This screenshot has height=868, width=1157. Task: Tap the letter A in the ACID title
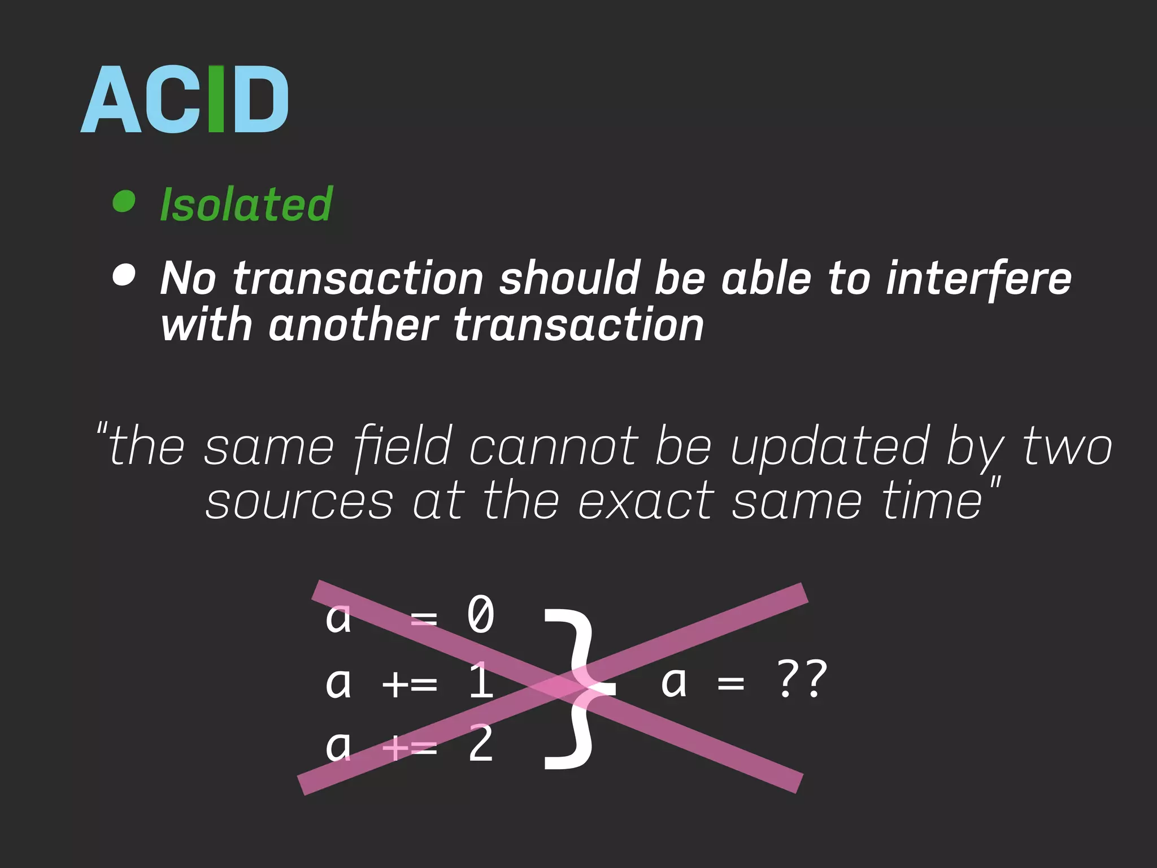click(111, 99)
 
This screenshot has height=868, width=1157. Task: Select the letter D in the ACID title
click(260, 99)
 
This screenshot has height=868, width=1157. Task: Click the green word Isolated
click(246, 204)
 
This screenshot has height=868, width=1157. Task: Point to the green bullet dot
click(124, 201)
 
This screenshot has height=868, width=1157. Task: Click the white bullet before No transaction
click(124, 275)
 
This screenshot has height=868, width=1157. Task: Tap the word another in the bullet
click(353, 325)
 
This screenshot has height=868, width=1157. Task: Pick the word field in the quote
click(403, 447)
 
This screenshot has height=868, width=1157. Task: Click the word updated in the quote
click(830, 447)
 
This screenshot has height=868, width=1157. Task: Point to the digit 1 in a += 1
click(481, 681)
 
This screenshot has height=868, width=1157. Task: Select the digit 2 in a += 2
click(481, 744)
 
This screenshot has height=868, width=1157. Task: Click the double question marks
click(802, 680)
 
